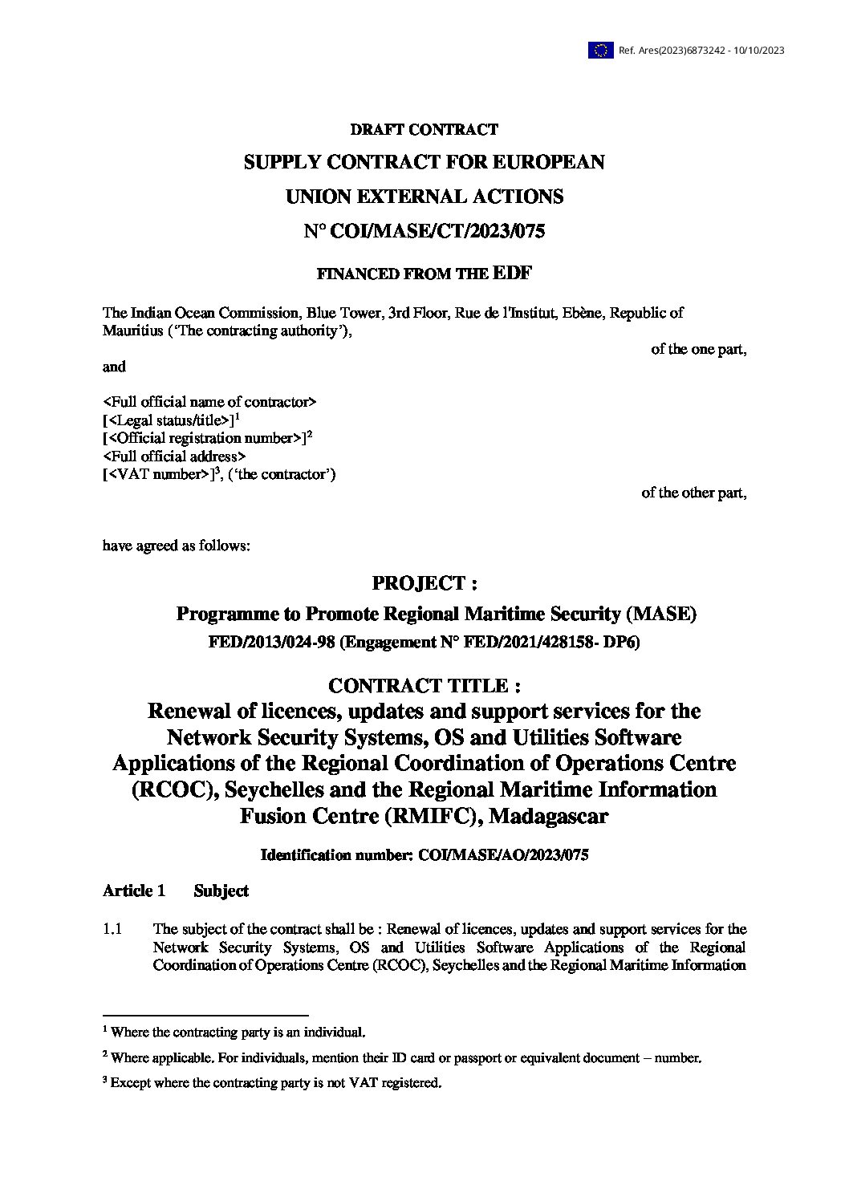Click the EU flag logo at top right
click(600, 51)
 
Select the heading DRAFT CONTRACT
click(424, 129)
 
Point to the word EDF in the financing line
click(512, 273)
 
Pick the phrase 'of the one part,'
click(698, 349)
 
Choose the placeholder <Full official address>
click(174, 456)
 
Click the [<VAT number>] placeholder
click(158, 475)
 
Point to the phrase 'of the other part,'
click(693, 493)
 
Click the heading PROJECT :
click(424, 583)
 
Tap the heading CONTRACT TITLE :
click(424, 686)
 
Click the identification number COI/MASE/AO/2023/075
click(503, 855)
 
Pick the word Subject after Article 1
click(221, 891)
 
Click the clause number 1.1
click(112, 929)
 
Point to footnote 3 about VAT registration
click(272, 1083)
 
